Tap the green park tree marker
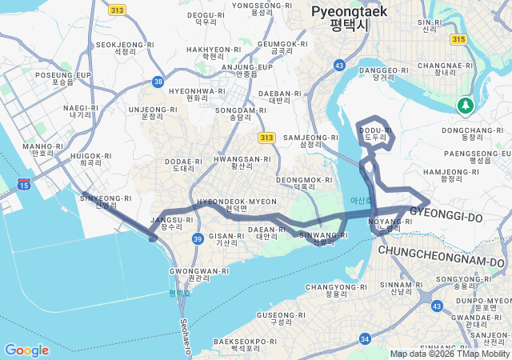(x=465, y=105)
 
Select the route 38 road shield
(x=158, y=82)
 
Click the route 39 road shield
(x=198, y=239)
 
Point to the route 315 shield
(x=458, y=38)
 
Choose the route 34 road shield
(x=366, y=339)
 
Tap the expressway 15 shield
(x=24, y=185)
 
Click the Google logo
(x=26, y=350)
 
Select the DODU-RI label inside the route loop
(x=375, y=133)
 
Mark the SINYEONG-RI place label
(x=106, y=201)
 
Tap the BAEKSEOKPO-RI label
(x=245, y=344)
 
